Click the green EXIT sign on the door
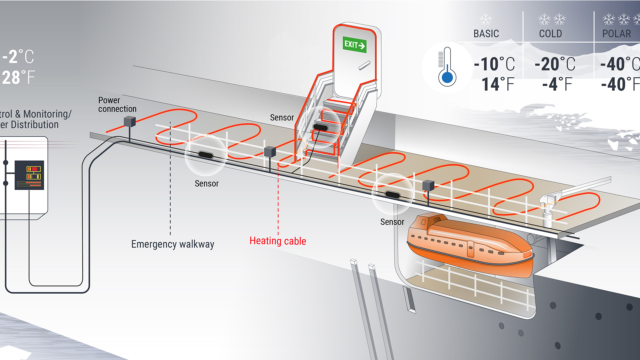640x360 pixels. pos(355,45)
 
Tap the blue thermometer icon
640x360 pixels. pos(447,67)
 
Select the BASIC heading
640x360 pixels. pos(486,34)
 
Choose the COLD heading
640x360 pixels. pos(550,34)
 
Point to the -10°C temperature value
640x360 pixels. pos(494,64)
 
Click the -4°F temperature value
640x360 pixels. pos(557,84)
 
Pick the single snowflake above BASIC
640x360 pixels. pos(486,19)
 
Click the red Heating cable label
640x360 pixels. pos(278,241)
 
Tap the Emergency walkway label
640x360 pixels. pos(172,244)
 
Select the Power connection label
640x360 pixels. pos(117,105)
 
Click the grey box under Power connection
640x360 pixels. pos(130,121)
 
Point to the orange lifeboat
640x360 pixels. pos(470,245)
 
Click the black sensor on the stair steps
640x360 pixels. pos(320,127)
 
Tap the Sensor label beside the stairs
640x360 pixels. pos(282,118)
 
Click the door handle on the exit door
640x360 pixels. pos(364,65)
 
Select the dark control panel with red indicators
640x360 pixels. pos(29,175)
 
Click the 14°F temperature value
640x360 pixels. pos(498,84)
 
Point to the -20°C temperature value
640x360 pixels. pos(555,64)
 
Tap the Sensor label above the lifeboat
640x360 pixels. pos(392,222)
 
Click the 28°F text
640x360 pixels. pos(18,78)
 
